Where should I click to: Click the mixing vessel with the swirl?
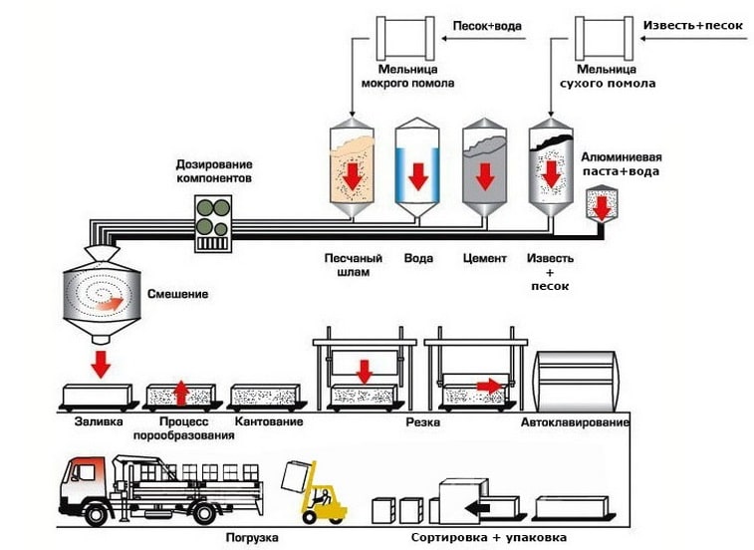[x=101, y=295]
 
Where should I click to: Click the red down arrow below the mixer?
[x=100, y=364]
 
